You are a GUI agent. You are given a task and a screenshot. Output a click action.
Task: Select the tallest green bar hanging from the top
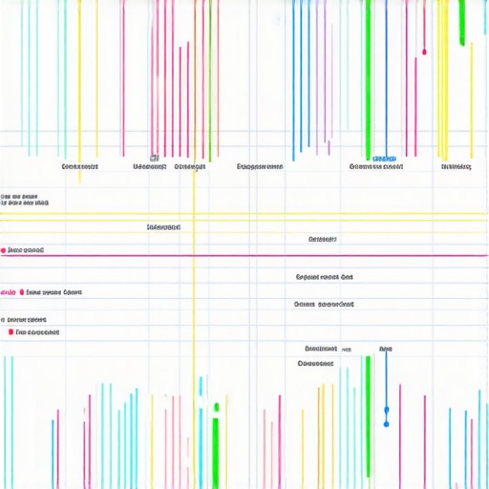[366, 76]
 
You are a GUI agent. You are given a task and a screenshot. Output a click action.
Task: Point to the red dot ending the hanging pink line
[424, 52]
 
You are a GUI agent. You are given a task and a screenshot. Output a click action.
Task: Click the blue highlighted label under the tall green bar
[384, 158]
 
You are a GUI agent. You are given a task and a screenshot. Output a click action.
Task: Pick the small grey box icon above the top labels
[153, 158]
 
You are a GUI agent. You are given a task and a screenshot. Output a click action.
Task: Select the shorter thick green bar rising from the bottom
[216, 449]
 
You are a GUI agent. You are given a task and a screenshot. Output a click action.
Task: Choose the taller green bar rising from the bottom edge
[368, 420]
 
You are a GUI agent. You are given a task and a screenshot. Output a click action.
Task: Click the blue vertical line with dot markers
[386, 401]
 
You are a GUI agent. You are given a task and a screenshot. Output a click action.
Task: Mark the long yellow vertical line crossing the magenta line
[194, 287]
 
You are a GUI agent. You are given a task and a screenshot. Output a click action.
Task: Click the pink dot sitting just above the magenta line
[5, 250]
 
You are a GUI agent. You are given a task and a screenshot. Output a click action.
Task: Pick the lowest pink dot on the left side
[11, 332]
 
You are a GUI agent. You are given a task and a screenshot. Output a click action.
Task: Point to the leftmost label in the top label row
[80, 166]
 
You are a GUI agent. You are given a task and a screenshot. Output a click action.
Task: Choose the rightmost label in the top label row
[457, 166]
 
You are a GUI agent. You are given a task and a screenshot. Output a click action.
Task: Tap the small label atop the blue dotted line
[385, 350]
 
